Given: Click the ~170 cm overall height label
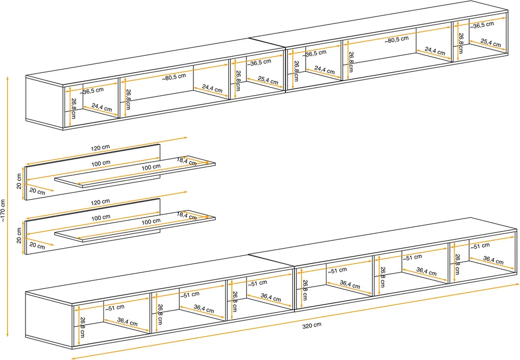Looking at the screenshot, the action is pos(3,211).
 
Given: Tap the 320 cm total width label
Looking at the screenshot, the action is pos(311,326).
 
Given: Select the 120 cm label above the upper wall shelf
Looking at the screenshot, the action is pos(100,148).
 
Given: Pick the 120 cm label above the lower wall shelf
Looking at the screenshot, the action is pos(100,202).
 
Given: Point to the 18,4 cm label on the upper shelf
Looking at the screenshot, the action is pos(186,161).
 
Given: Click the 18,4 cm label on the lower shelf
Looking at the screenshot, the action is pos(186,216).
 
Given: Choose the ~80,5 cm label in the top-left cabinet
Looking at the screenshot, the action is pos(174,77).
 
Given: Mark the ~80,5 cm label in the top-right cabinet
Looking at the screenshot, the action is pos(397,40).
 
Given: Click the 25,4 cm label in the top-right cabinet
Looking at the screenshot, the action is pos(490,43).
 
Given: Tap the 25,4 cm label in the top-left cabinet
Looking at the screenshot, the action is pos(268,80).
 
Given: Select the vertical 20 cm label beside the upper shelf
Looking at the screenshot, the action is pos(19,181).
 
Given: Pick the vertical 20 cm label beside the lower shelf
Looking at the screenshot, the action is pos(19,236).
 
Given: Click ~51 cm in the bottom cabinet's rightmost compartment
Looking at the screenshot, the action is pos(480,247).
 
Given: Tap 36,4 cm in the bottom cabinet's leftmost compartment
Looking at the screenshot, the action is pos(127,322).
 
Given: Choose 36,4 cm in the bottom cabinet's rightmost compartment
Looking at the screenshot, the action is pos(493,260).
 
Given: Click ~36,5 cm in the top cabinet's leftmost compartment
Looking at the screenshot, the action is pos(92,91).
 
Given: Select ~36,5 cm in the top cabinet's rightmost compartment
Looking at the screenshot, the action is pos(482,25).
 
